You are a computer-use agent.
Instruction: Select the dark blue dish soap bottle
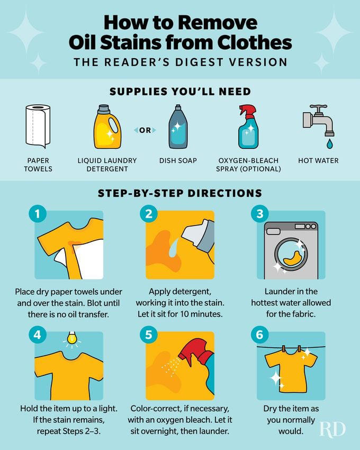tap(178, 127)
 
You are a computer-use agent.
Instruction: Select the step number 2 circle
tap(148, 214)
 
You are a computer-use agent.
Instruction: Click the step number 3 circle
tap(259, 214)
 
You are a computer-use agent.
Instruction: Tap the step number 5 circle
tap(148, 335)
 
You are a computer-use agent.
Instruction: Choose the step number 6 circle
tap(259, 335)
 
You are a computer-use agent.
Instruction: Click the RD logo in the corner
tap(332, 428)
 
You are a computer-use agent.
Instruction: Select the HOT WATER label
tap(318, 160)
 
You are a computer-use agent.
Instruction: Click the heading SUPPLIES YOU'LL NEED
tap(179, 92)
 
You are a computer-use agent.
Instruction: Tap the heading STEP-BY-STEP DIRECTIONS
tap(179, 193)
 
